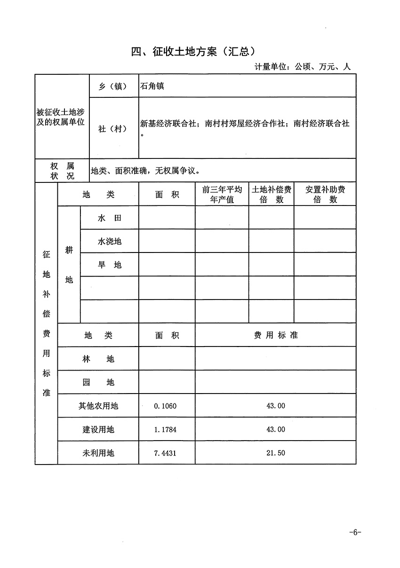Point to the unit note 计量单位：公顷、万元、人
(x=303, y=67)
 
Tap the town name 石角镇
(x=152, y=87)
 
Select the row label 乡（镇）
(x=112, y=87)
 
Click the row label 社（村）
(x=112, y=128)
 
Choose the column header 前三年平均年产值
(x=222, y=194)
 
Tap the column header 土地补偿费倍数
(x=272, y=194)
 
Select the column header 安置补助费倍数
(x=325, y=194)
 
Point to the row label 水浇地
(x=110, y=241)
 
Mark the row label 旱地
(x=110, y=265)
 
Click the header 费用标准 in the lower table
(x=276, y=335)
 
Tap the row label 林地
(x=98, y=359)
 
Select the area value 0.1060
(x=165, y=406)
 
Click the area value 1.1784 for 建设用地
(x=165, y=429)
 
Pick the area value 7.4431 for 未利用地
(x=165, y=453)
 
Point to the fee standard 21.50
(x=276, y=453)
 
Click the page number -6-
(x=355, y=532)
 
